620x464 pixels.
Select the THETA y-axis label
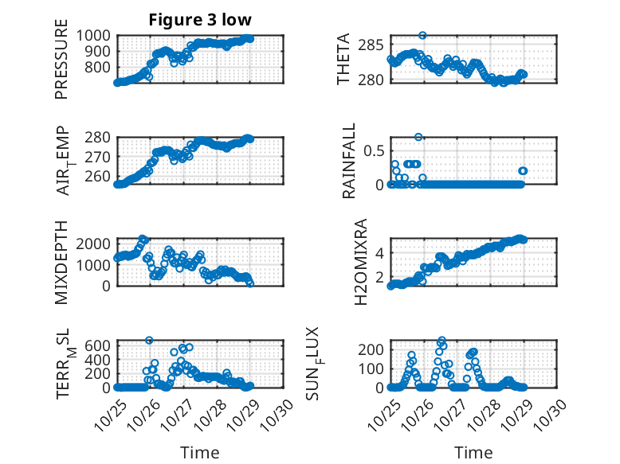[343, 60]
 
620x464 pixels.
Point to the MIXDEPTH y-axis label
[61, 262]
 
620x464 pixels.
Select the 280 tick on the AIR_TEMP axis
[102, 137]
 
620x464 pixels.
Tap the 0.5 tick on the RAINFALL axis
[375, 150]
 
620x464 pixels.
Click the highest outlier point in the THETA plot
[422, 36]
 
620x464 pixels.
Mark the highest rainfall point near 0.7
[418, 137]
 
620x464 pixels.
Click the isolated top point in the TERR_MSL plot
[149, 340]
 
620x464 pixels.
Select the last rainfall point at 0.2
[524, 170]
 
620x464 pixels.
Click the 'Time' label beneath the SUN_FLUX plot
[473, 453]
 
